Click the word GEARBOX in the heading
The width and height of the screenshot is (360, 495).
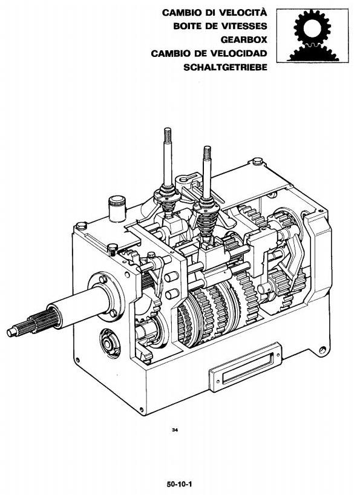[244, 40]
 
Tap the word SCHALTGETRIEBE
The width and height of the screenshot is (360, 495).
[225, 67]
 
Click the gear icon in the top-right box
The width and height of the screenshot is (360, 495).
[312, 36]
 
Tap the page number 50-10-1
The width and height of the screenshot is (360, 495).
[180, 484]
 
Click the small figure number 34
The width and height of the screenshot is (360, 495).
[175, 430]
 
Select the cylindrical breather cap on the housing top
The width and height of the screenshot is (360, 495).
[117, 208]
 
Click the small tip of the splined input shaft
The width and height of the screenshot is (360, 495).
[12, 332]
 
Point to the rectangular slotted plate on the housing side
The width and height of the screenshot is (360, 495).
[245, 368]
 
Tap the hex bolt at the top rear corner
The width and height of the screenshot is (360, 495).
[258, 162]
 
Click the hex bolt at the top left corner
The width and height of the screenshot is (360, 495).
[82, 226]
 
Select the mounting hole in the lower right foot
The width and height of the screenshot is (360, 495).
[322, 350]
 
